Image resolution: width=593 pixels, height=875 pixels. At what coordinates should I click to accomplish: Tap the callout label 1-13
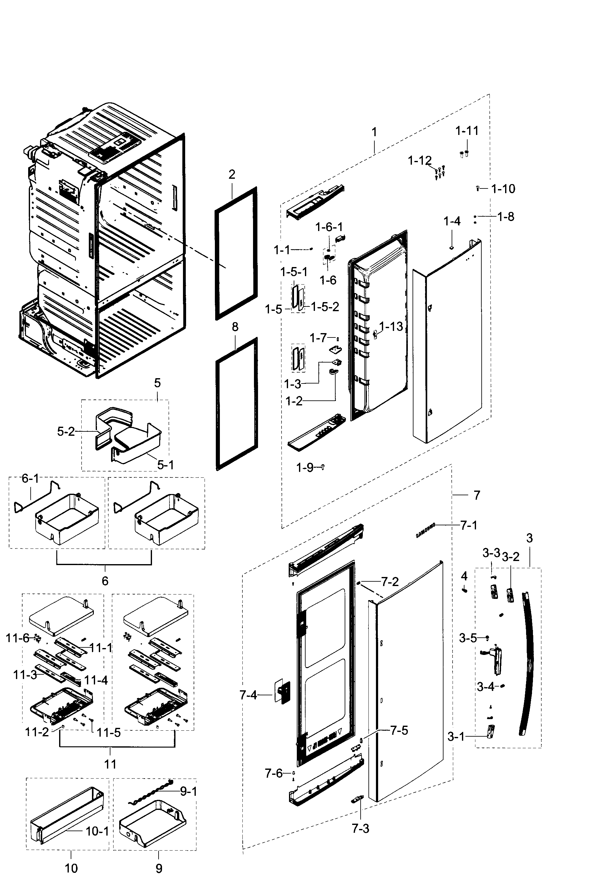pos(391,327)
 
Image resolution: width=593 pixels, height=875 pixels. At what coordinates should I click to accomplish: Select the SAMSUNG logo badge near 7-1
pos(425,530)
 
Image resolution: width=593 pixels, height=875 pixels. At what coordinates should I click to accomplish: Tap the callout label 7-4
pos(248,695)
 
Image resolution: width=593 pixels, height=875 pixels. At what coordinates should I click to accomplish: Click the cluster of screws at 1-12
pos(439,172)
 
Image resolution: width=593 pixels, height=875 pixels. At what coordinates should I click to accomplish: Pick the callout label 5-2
pos(66,431)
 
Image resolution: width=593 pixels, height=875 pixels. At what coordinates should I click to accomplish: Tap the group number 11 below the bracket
pos(110,764)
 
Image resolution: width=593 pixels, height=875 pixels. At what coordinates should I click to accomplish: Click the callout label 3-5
pos(467,638)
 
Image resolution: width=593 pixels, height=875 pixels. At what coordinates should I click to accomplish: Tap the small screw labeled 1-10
pos(478,188)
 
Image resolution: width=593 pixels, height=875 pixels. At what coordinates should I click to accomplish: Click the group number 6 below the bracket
pos(105,581)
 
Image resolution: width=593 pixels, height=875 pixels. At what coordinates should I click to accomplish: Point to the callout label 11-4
pos(96,680)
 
